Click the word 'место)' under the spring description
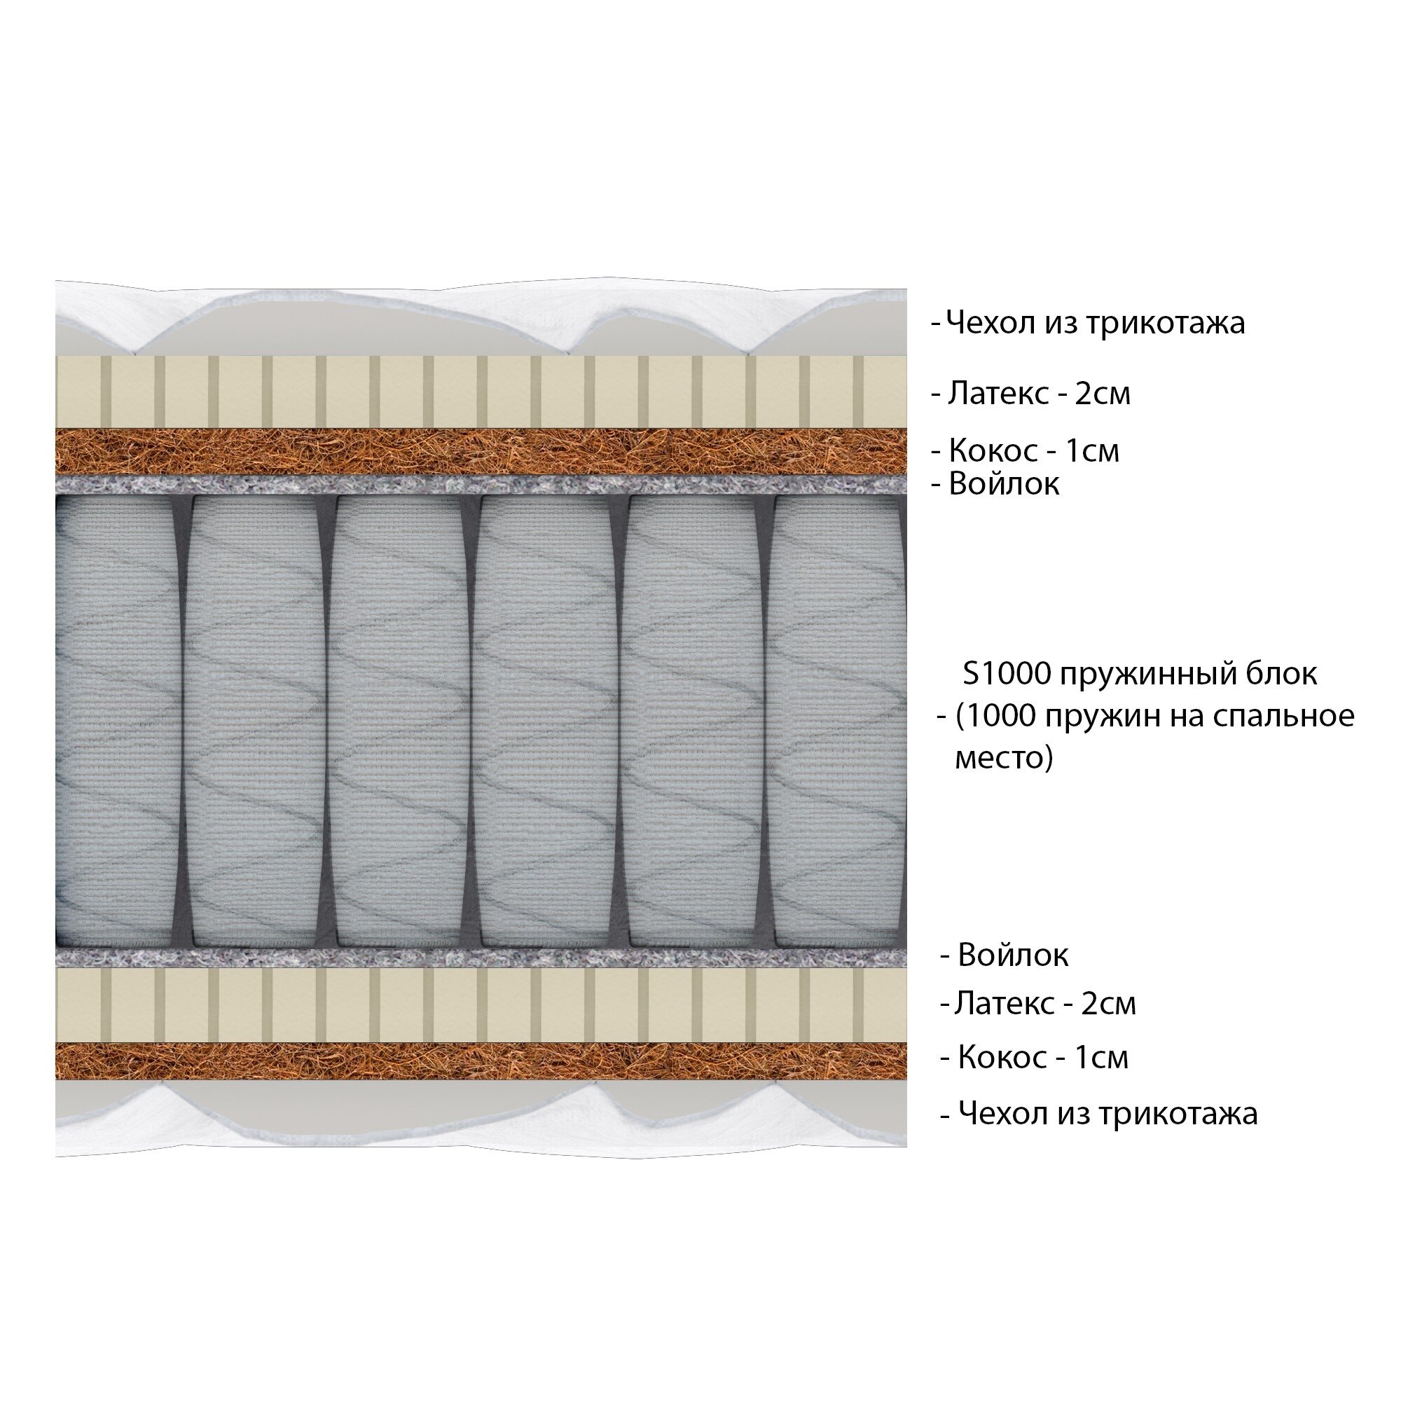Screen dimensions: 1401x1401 tap(1004, 759)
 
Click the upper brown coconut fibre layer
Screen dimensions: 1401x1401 tap(480, 451)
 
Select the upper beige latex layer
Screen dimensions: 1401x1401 tap(480, 392)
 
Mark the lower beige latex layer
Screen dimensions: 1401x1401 tap(480, 1005)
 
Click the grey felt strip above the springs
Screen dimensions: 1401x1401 tap(480, 485)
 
